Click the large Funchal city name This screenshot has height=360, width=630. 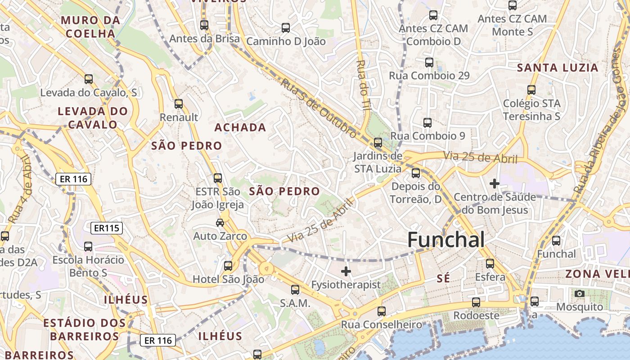446,240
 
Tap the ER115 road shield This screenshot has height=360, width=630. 107,228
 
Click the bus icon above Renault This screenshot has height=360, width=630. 179,104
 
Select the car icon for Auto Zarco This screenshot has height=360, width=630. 220,223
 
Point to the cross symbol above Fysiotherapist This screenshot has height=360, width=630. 346,271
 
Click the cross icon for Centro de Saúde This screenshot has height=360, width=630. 495,184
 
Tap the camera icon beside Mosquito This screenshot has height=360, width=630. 580,294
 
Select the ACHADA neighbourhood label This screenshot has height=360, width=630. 240,128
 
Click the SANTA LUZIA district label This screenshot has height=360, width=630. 557,68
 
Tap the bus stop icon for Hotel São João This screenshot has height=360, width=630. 228,266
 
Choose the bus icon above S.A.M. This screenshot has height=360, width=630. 295,290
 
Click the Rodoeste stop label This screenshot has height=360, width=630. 476,315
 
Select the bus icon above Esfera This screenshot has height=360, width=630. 490,264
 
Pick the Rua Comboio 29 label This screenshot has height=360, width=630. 429,76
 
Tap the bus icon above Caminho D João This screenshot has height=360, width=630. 286,28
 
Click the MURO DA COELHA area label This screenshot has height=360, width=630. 90,27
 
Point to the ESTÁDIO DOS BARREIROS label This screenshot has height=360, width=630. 84,329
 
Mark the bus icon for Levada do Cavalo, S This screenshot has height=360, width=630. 89,79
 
